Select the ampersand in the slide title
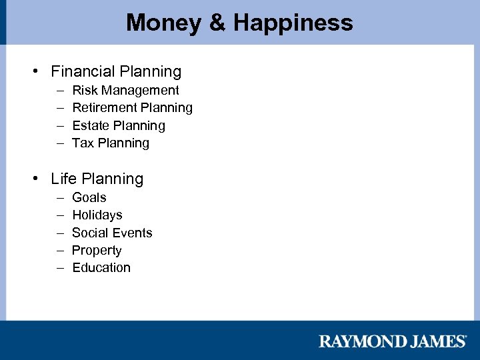(x=217, y=23)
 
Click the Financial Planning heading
(x=116, y=71)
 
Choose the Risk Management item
(x=125, y=90)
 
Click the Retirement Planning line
(x=132, y=107)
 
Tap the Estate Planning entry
(x=118, y=125)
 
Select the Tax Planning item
(x=111, y=143)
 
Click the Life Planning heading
(x=97, y=179)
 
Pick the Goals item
(x=89, y=197)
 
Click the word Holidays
(x=97, y=215)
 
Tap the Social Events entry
(x=112, y=233)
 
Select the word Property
(x=97, y=250)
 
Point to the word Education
(x=101, y=267)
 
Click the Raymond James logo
(x=393, y=341)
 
